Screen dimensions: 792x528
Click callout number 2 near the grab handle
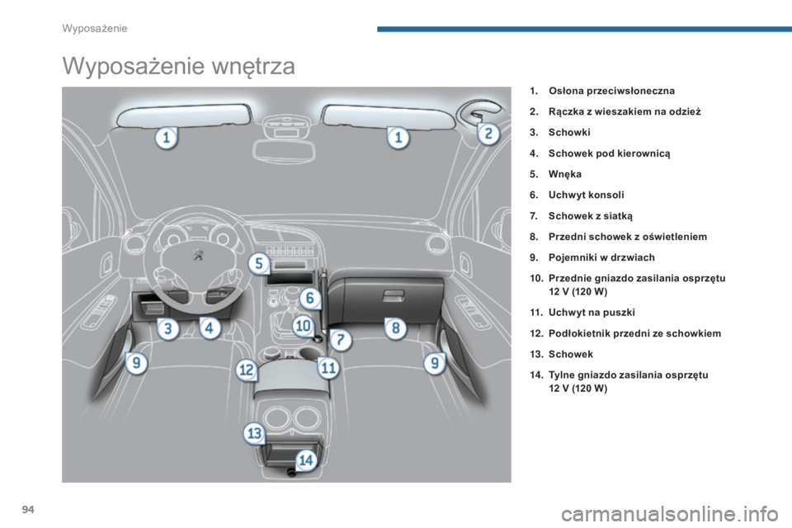pos(488,134)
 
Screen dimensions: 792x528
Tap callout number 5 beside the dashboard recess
pos(259,264)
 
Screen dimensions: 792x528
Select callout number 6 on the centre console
pos(310,298)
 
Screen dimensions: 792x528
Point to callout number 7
pos(341,340)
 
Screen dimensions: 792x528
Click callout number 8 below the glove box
pos(395,328)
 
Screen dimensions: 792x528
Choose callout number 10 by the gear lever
pos(303,326)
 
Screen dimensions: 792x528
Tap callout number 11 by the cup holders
pos(328,367)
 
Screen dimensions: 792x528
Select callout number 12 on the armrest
pos(247,370)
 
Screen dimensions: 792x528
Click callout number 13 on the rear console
pos(254,433)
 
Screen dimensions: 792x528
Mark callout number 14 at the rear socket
pos(306,460)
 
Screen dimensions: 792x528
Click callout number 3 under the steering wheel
pos(167,329)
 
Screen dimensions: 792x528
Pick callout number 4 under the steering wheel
pos(209,328)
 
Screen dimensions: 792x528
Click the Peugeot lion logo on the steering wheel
pos(197,255)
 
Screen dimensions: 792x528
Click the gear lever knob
pos(292,293)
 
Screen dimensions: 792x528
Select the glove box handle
pos(394,296)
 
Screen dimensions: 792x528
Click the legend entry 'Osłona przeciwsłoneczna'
pos(611,91)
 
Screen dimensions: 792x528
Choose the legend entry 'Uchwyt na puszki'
pos(592,312)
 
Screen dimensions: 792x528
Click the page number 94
pos(28,510)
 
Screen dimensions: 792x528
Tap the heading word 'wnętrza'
pos(253,66)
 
